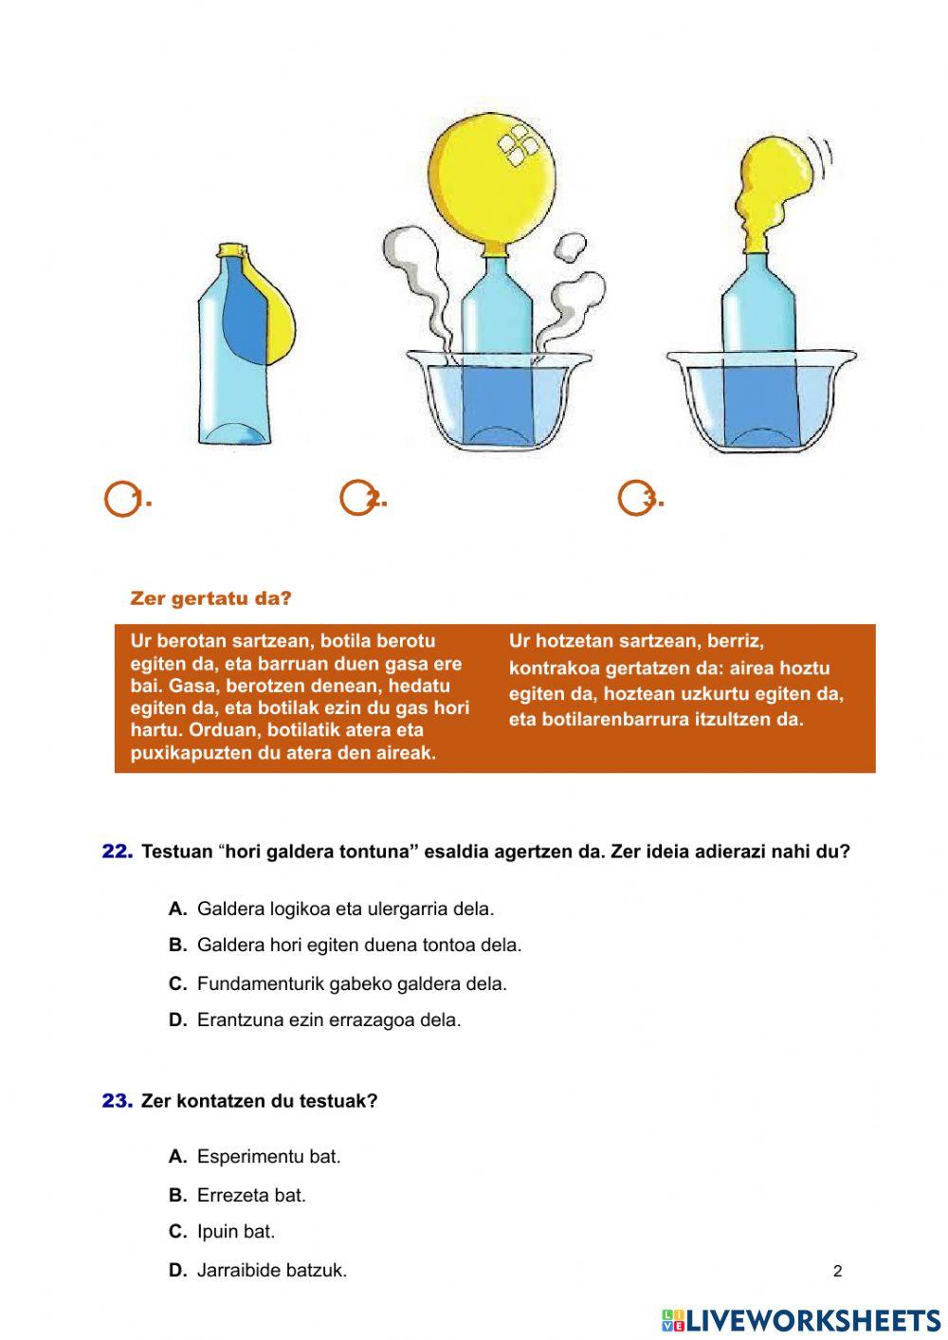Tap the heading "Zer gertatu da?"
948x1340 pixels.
210,598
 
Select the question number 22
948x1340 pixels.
118,852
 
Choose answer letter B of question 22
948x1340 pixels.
177,945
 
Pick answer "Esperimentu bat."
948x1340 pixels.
268,1157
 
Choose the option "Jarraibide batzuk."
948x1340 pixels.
272,1270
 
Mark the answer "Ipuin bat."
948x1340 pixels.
236,1232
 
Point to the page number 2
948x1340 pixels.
837,1271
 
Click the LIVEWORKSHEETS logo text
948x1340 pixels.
813,1320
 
